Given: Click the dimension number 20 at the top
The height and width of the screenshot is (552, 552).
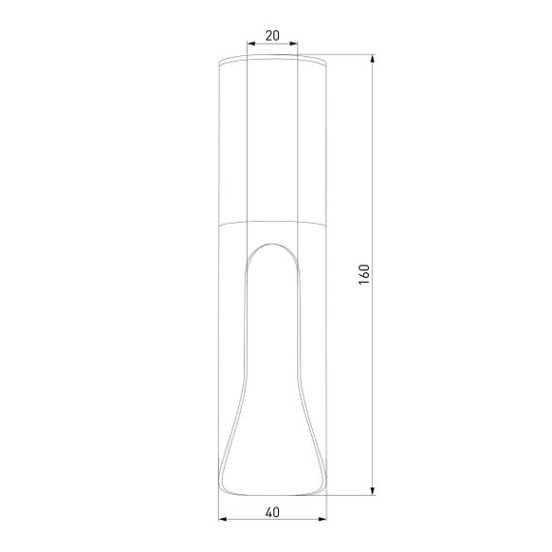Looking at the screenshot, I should [271, 36].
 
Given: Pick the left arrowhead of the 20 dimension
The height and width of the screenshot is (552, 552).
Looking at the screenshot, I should [251, 44].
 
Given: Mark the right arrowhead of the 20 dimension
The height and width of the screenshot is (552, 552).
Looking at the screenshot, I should [293, 44].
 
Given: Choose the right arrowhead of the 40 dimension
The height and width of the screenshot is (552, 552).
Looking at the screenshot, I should [322, 519].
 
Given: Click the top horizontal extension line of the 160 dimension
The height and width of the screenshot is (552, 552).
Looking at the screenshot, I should [349, 56].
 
